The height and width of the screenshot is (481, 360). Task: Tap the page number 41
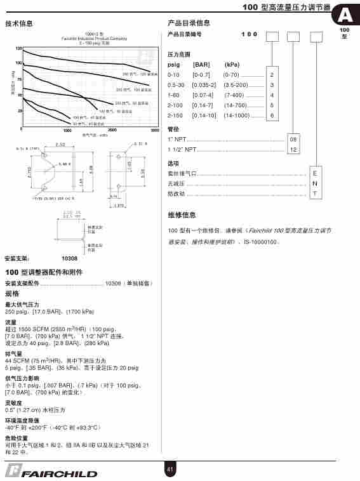[170, 469]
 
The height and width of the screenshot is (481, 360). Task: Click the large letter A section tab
[345, 15]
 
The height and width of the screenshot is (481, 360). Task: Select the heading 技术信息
[19, 23]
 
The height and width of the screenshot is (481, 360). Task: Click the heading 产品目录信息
[189, 23]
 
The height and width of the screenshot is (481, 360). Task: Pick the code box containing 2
[272, 75]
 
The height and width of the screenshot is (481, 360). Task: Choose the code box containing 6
[272, 115]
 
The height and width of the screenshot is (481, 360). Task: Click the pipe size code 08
[293, 139]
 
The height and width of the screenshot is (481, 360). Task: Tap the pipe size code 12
[293, 150]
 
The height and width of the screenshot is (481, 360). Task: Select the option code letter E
[314, 173]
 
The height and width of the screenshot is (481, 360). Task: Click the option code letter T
[314, 193]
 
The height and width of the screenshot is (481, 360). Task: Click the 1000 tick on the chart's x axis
[67, 130]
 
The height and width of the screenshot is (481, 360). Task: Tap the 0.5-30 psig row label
[176, 85]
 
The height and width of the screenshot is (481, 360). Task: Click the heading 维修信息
[182, 215]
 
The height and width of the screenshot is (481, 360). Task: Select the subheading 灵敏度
[13, 402]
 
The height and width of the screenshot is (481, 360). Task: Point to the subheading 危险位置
[17, 438]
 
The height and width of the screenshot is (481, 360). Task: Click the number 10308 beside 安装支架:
[69, 259]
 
